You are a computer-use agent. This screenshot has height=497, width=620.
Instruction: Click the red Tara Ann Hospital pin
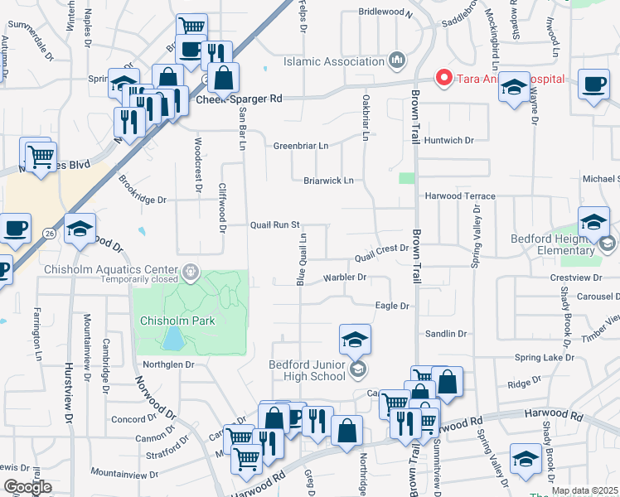pos(443,79)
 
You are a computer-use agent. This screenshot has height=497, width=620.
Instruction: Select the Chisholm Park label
pos(177,321)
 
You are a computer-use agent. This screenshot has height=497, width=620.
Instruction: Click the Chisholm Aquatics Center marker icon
pos(191,270)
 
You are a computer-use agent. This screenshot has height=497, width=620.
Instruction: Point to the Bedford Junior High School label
pos(306,370)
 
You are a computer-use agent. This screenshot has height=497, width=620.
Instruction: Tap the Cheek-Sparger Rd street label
pos(240,99)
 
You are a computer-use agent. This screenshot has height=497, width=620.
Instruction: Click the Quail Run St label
pos(275,224)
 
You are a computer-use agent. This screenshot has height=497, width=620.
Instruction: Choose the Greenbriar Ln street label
pos(301,146)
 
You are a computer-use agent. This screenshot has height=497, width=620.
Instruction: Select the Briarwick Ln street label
pos(328,180)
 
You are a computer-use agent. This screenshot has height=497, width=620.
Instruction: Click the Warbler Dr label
pos(345,277)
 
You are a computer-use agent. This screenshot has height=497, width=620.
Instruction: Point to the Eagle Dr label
pos(393,306)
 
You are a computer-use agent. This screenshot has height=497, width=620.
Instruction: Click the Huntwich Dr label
pos(448,141)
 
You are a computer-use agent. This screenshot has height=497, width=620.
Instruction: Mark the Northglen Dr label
pos(168,364)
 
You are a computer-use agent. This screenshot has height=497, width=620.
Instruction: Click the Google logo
pos(27,487)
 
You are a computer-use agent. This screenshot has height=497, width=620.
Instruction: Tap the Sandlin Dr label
pos(446,334)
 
